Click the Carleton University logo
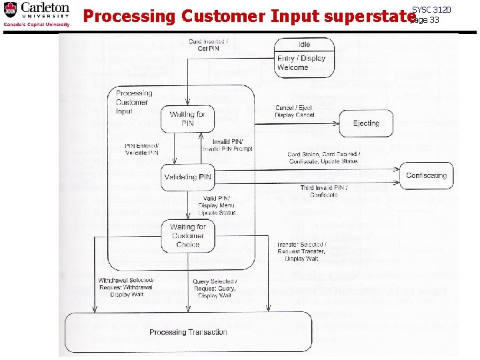[x=37, y=15]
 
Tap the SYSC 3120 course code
[x=431, y=9]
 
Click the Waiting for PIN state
[x=187, y=119]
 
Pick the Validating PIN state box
[x=189, y=177]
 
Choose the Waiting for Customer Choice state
[x=188, y=235]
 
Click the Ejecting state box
[x=366, y=123]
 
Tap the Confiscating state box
[x=427, y=175]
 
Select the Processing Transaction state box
[x=188, y=332]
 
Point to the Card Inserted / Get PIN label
[x=208, y=45]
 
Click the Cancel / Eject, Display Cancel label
[x=295, y=111]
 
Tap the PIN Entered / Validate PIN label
[x=141, y=149]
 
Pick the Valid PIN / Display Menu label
[x=219, y=205]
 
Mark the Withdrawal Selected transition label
[x=125, y=286]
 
